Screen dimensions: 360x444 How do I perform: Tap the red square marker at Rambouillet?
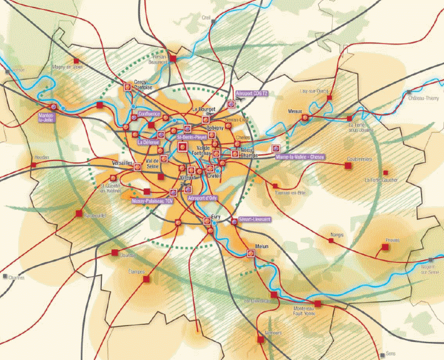(79, 214)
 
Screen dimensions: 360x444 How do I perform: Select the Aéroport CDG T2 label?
(251, 93)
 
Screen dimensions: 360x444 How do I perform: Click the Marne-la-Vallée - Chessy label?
(305, 157)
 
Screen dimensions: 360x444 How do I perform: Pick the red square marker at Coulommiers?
(348, 166)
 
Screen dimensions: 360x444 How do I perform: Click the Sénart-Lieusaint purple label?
(255, 219)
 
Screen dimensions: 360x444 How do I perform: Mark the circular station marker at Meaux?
(305, 117)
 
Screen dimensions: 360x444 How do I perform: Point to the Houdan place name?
(42, 157)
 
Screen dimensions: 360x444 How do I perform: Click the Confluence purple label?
(149, 114)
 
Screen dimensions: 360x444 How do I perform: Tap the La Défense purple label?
(148, 142)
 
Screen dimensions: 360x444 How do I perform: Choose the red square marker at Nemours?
(261, 339)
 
